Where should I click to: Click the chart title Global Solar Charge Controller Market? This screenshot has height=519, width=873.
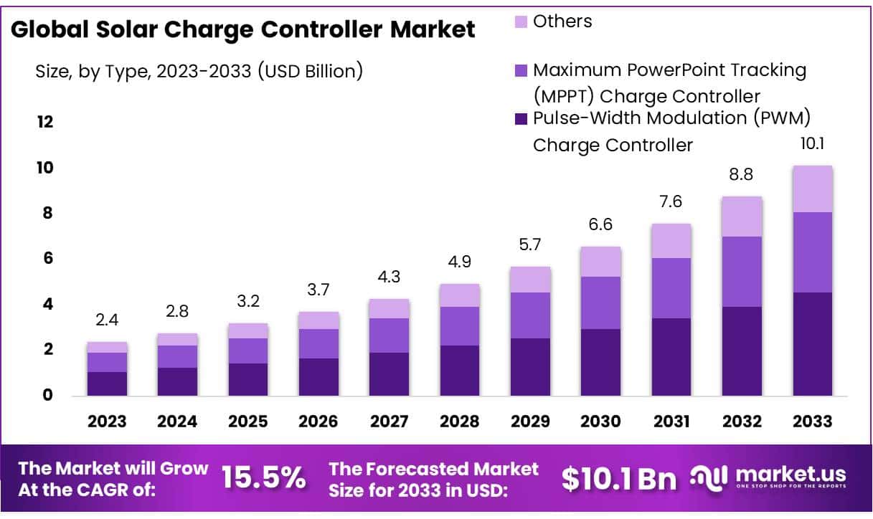click(243, 29)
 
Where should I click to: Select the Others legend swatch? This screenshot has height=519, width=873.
click(521, 22)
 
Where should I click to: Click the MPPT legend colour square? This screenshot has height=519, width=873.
click(521, 70)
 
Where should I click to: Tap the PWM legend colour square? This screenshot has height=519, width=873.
click(521, 118)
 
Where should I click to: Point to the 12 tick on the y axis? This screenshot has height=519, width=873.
click(45, 122)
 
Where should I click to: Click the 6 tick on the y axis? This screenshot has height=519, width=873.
click(47, 259)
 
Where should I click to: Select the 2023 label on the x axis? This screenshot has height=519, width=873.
click(108, 422)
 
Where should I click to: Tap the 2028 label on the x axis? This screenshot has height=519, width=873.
click(460, 422)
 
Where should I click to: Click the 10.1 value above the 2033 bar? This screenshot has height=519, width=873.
click(812, 145)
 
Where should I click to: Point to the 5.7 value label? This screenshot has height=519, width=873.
click(530, 246)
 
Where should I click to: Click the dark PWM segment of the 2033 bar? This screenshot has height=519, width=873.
click(812, 344)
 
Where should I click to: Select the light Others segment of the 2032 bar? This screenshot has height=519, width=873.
click(742, 216)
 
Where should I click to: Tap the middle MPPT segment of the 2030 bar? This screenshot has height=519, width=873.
click(600, 303)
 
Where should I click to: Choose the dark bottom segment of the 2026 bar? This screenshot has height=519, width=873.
click(318, 377)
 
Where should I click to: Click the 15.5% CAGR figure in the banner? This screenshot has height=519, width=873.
click(263, 478)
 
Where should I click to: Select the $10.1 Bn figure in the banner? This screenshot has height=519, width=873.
click(619, 479)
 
